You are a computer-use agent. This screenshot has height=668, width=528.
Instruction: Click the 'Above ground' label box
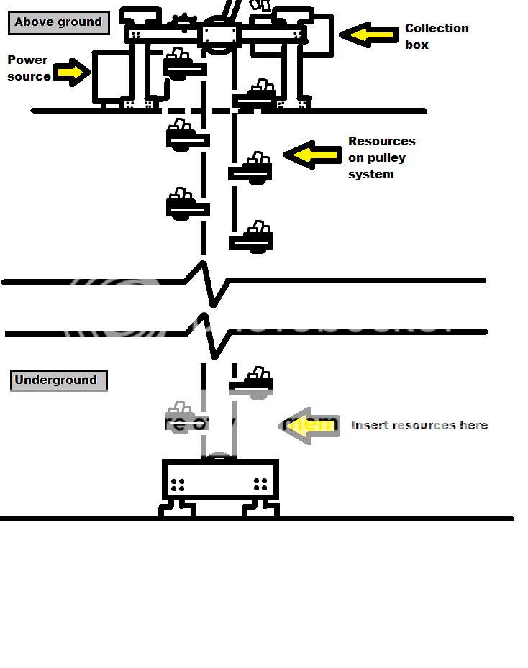58,22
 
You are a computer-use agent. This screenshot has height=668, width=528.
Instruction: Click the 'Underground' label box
58,380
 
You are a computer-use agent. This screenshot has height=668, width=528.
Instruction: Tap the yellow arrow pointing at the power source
69,73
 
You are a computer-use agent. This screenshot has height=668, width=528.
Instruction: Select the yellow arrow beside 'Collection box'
368,35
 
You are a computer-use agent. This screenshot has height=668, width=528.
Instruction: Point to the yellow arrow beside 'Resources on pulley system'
313,155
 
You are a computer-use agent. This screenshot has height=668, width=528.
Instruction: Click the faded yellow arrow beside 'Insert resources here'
310,425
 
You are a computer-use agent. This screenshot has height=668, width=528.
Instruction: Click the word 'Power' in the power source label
27,60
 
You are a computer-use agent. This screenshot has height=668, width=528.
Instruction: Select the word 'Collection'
437,29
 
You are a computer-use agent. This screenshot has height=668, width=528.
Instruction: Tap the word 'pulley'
386,157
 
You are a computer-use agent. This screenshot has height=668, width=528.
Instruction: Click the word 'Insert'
368,426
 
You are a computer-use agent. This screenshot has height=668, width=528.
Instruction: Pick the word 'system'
370,175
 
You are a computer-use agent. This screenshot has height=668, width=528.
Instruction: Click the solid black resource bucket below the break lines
252,383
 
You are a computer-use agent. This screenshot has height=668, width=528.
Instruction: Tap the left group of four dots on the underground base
178,485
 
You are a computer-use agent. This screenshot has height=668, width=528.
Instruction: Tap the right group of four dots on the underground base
260,485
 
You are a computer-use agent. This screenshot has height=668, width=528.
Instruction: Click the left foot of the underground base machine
177,508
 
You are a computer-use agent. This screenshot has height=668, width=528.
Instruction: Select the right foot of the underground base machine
260,508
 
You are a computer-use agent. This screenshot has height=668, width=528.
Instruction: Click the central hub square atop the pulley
219,35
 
